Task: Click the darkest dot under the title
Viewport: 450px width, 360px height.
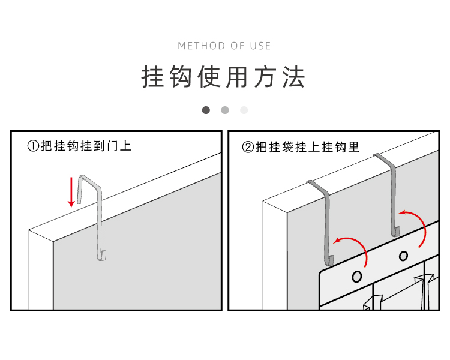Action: [x=206, y=110]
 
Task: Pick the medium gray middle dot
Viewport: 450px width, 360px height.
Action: [x=225, y=110]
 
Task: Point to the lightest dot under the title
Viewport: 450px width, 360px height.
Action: [x=244, y=110]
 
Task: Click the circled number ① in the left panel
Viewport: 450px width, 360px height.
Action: [x=34, y=146]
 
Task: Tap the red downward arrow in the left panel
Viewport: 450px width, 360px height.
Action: [x=71, y=192]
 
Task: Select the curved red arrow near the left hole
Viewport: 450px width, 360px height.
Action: [x=354, y=248]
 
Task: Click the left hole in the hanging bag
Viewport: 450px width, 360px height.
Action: [x=357, y=277]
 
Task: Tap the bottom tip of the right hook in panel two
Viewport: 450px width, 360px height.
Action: [x=397, y=232]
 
